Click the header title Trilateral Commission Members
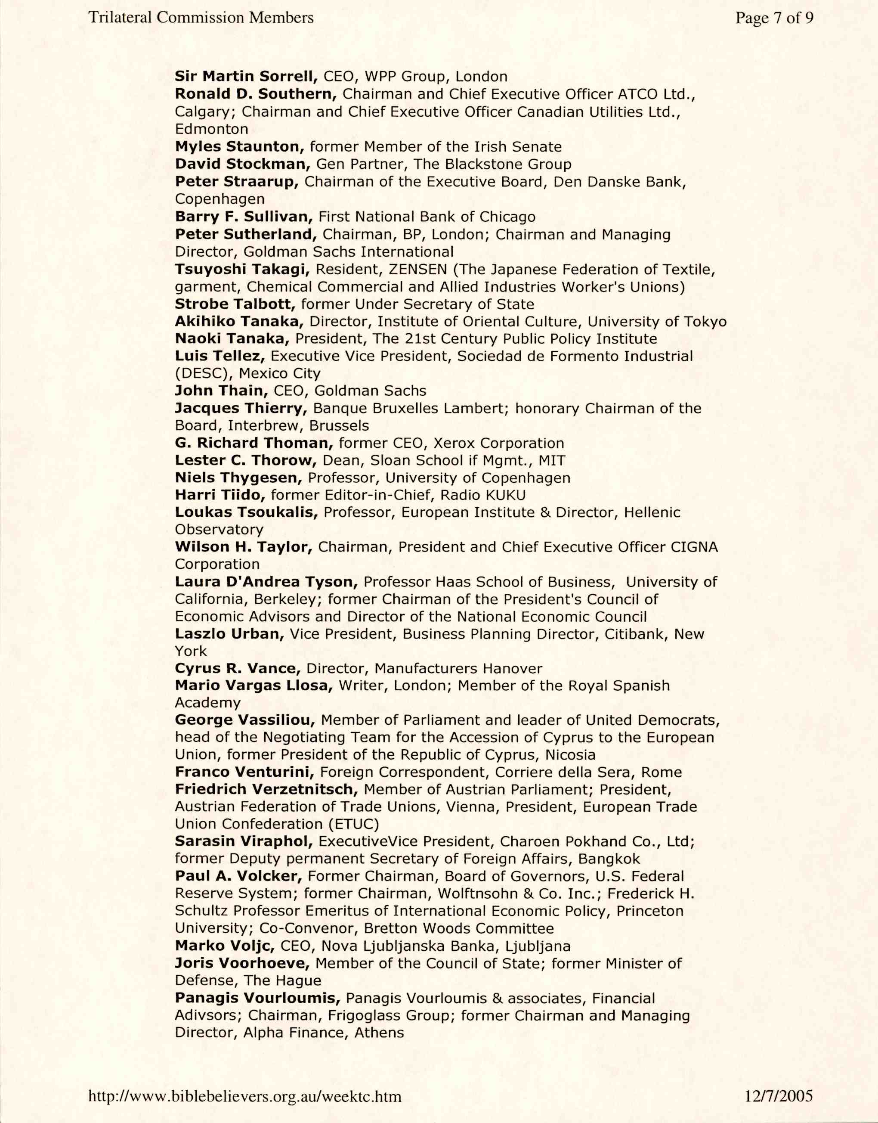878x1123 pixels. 201,18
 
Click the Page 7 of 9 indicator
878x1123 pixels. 774,18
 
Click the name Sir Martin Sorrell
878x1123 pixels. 246,77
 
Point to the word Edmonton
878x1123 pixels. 211,129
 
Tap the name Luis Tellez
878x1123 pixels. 220,356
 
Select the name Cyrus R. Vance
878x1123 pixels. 238,668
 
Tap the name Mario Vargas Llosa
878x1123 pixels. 254,686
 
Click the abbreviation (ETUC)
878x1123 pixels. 354,824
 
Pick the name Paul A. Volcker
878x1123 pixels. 238,876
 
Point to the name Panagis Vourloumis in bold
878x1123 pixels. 257,998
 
